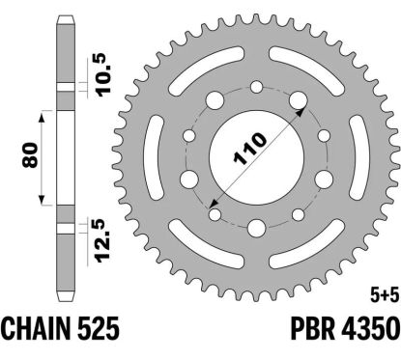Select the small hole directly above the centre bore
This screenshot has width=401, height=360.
point(256,89)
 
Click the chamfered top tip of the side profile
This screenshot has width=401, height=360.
point(65,21)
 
